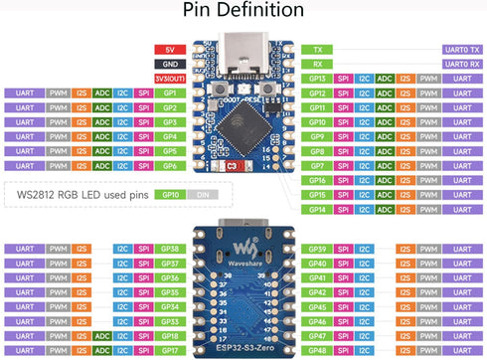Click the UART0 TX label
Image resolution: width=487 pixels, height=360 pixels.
317,49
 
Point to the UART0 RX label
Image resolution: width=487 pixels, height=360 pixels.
317,64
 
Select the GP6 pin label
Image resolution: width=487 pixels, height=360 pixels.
169,166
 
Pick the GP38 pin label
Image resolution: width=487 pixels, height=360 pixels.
169,249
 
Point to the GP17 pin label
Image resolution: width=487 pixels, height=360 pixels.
169,351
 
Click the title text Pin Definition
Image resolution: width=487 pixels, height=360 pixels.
243,13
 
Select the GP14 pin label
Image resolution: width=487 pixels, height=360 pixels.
317,210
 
